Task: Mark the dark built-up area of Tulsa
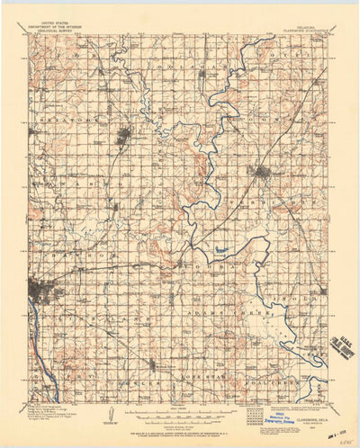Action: tap(41, 291)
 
